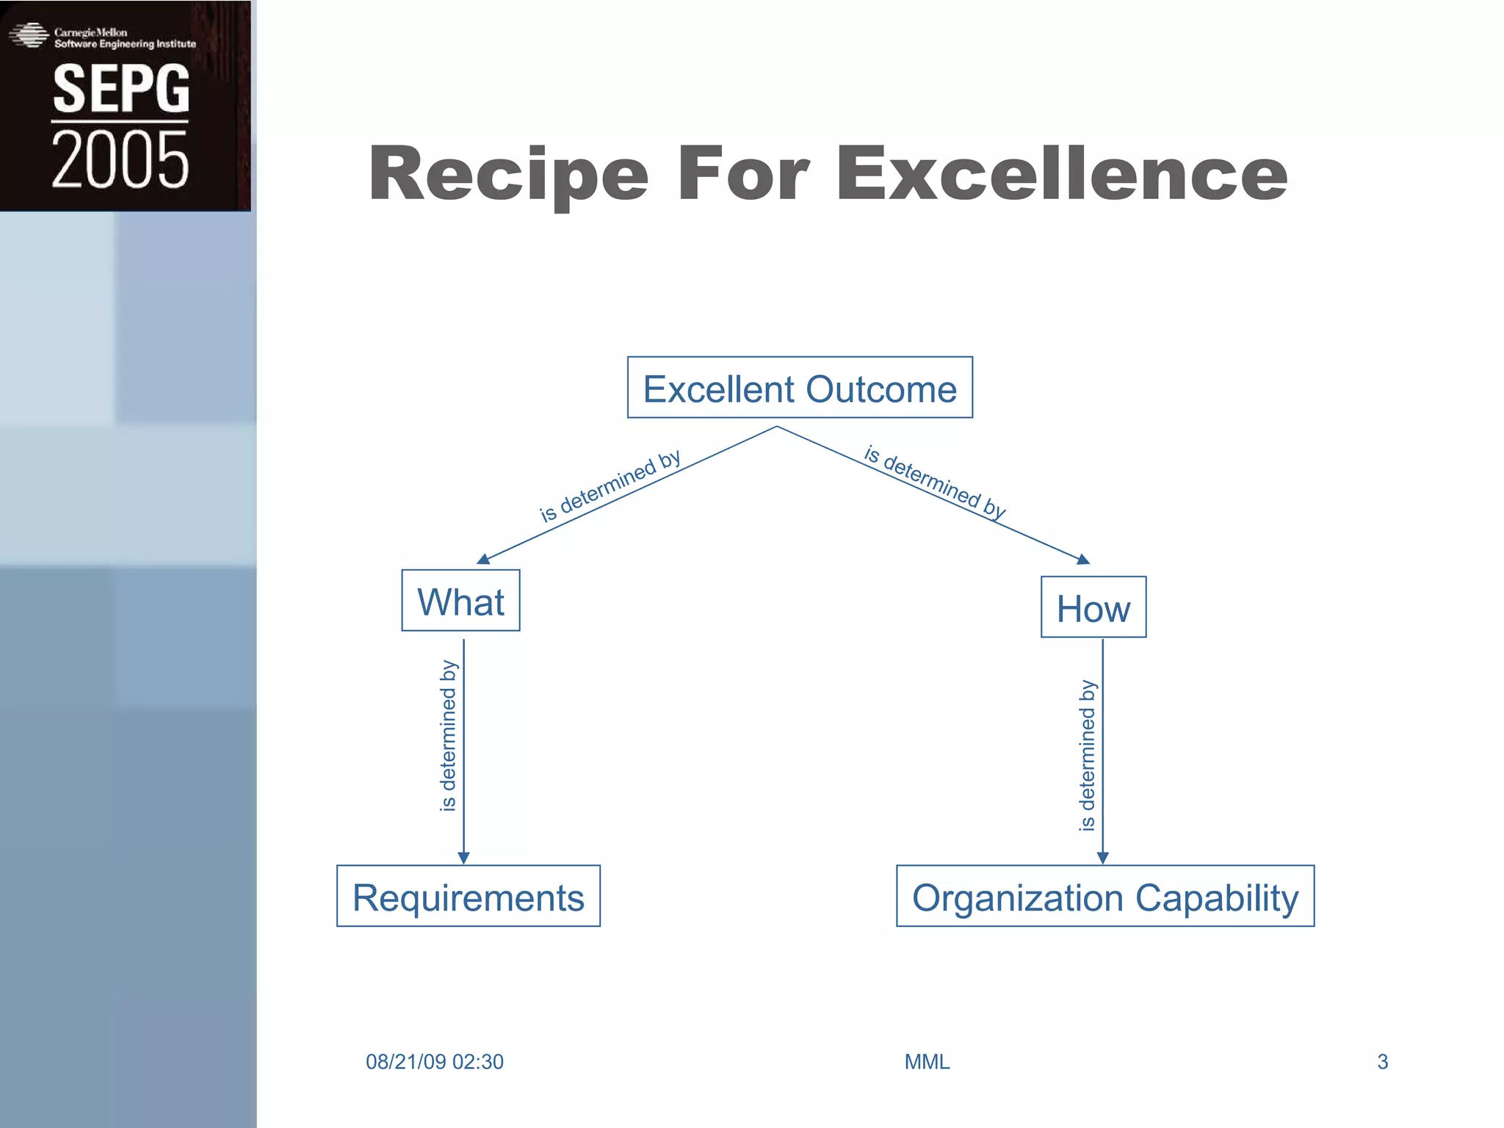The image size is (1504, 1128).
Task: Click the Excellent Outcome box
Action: click(800, 388)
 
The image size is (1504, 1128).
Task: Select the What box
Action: click(460, 601)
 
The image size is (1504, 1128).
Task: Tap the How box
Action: click(1093, 607)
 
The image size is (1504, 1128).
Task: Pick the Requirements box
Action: click(469, 896)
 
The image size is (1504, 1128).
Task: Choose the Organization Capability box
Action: click(1105, 896)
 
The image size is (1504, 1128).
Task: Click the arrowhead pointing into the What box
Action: click(484, 560)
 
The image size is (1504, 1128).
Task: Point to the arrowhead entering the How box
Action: click(1082, 560)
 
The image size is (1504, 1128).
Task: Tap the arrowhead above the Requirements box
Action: click(463, 858)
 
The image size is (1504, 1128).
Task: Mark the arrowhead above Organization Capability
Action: click(1102, 858)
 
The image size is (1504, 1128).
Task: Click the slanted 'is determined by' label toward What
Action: click(610, 486)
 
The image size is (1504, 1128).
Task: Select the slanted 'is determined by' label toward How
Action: click(935, 482)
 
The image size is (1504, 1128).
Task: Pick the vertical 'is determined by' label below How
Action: click(1087, 756)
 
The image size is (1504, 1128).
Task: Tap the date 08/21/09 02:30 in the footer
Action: click(435, 1062)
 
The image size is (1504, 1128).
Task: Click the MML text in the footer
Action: click(927, 1062)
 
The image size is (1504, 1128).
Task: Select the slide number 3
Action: click(1382, 1062)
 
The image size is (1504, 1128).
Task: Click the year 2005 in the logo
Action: click(120, 159)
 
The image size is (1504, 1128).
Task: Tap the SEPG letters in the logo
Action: click(121, 89)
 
